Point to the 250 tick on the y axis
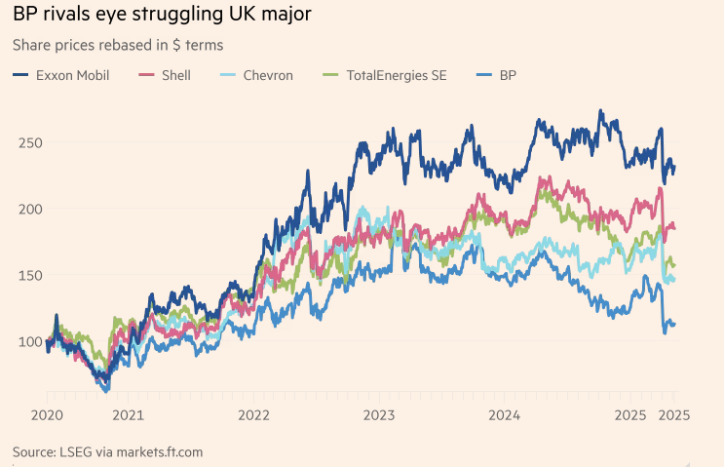(x=31, y=142)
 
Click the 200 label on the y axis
(x=31, y=209)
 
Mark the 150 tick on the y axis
(x=31, y=275)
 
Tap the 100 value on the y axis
(x=31, y=341)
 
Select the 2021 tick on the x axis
(x=129, y=414)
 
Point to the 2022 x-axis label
(x=254, y=414)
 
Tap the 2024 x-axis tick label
(x=505, y=414)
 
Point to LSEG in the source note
(x=80, y=451)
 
